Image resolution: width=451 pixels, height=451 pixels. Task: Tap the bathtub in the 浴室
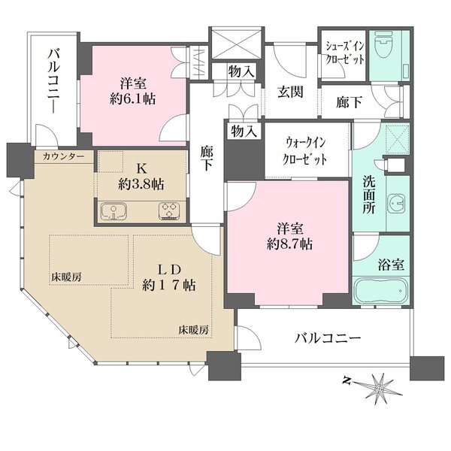381,290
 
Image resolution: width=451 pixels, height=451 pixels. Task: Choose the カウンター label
64,157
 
